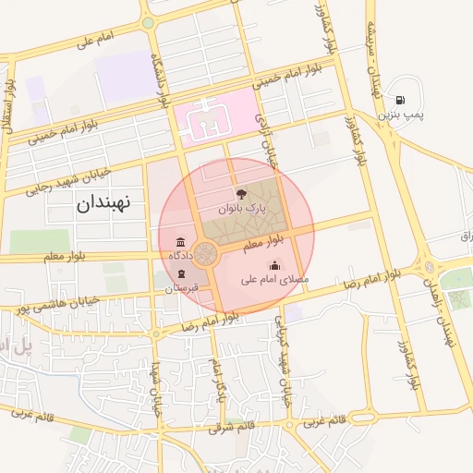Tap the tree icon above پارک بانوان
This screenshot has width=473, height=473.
[241, 195]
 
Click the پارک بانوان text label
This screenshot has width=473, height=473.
[241, 210]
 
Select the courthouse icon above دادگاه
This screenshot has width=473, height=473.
[179, 240]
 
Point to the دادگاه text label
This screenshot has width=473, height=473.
[179, 254]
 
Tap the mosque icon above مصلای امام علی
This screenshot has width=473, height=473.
[273, 265]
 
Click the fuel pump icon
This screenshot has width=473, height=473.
[400, 100]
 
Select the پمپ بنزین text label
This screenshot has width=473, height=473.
[400, 115]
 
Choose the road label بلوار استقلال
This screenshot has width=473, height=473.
[11, 98]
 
